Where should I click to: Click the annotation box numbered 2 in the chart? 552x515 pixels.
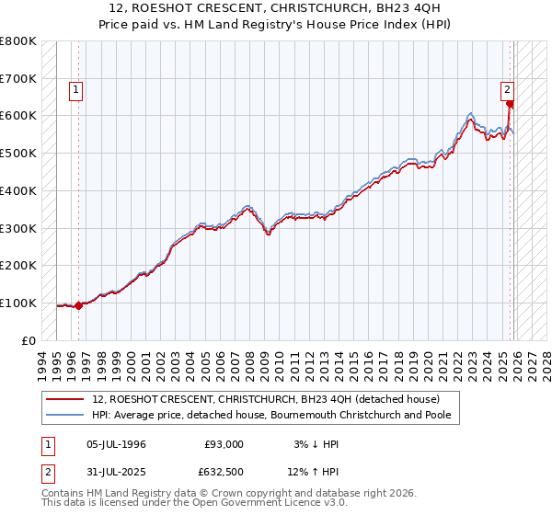(x=507, y=90)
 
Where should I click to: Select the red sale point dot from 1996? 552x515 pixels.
(x=78, y=306)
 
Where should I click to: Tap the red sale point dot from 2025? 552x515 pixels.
(x=510, y=104)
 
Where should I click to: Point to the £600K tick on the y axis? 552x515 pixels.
(x=18, y=116)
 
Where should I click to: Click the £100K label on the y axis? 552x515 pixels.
(x=18, y=303)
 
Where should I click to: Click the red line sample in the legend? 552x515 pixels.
(x=65, y=399)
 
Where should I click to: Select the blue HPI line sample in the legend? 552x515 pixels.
(x=65, y=416)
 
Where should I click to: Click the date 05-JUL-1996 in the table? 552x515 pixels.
(x=115, y=444)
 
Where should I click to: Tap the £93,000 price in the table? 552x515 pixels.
(x=224, y=444)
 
